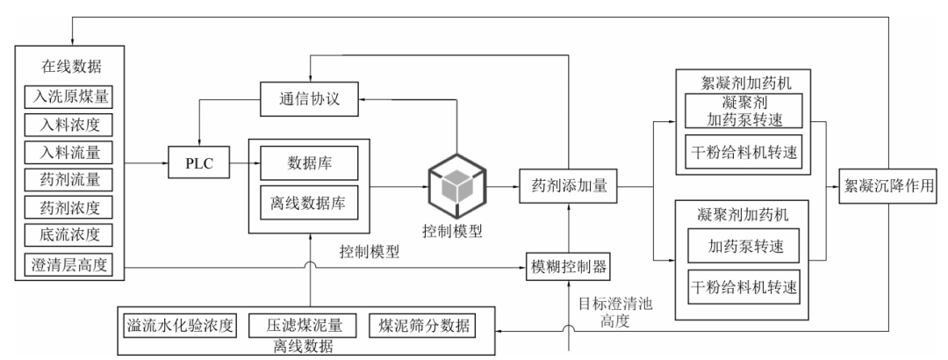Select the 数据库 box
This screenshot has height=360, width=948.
click(x=308, y=163)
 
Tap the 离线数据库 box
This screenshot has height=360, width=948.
click(x=308, y=201)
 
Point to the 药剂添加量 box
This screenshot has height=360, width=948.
click(x=570, y=186)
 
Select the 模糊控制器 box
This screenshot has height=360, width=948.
click(x=567, y=263)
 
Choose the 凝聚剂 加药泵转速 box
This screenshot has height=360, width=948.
click(x=743, y=112)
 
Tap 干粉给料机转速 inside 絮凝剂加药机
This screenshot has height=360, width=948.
click(x=743, y=152)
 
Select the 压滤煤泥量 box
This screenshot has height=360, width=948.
click(x=303, y=326)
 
